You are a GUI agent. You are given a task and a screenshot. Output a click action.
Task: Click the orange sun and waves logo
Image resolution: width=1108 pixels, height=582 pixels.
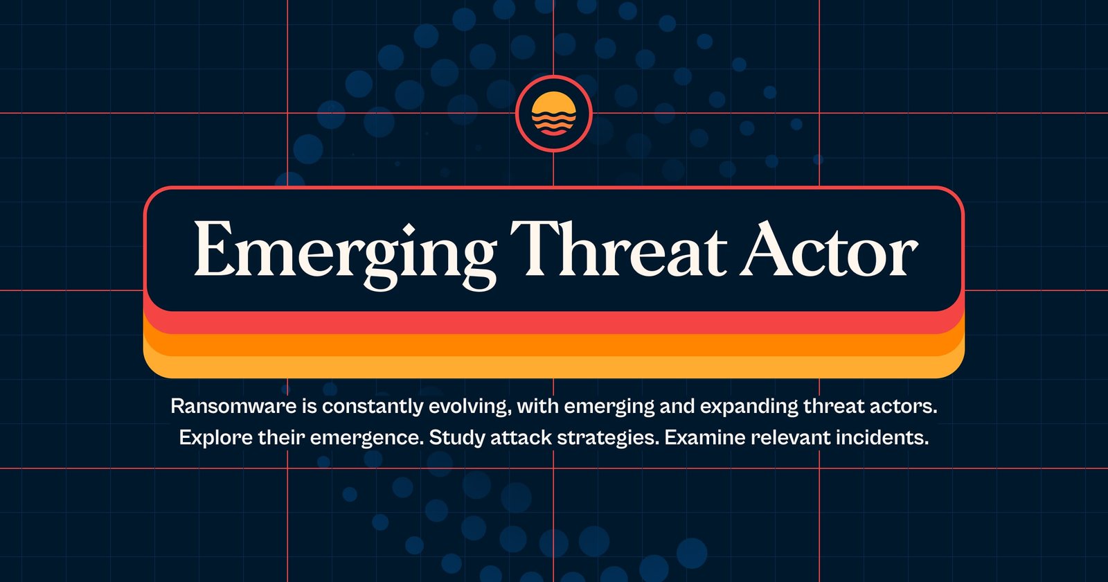point(554,114)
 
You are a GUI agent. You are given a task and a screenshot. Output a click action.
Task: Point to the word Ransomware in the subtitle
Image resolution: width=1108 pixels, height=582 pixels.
point(233,406)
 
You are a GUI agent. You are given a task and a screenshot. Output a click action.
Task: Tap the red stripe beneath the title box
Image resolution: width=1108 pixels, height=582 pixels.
point(554,323)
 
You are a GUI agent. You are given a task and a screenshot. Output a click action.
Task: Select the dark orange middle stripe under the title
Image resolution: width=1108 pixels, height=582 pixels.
point(554,345)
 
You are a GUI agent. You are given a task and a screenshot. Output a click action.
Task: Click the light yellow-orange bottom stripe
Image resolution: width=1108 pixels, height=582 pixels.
point(554,367)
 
